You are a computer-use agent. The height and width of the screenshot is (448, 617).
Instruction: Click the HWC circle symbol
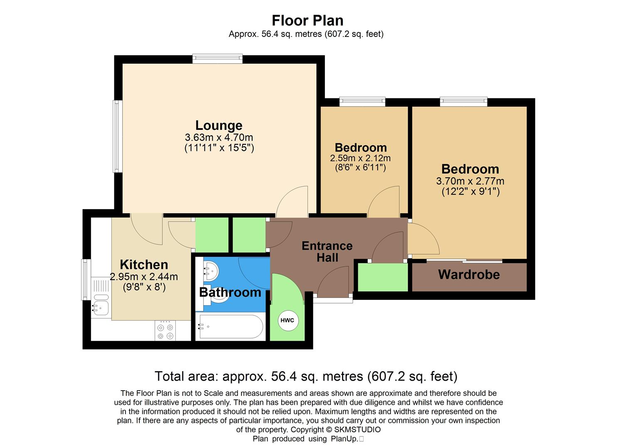287,320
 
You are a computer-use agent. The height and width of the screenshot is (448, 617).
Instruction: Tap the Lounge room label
219,125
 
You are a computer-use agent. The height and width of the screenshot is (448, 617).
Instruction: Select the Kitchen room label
144,265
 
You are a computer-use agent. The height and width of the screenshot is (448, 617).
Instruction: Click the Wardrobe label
469,275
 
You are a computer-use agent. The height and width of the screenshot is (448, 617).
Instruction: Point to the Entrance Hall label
327,251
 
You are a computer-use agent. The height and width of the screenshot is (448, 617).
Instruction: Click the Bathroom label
230,292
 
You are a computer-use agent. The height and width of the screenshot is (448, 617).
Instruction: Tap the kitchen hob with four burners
165,331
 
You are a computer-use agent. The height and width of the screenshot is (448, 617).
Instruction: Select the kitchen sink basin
101,307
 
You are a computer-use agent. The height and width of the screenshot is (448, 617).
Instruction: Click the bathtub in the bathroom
230,327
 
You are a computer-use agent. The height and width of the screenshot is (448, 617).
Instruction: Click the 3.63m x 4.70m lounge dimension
219,137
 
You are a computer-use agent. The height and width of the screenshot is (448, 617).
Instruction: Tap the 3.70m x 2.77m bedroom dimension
470,181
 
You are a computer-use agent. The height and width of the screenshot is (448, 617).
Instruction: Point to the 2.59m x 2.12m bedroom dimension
360,158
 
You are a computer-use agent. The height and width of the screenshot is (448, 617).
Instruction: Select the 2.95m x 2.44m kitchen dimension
144,276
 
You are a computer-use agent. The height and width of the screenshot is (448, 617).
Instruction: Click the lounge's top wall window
217,59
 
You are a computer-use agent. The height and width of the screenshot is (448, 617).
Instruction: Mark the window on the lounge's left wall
118,136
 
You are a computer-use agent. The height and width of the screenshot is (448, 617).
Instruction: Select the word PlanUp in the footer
344,439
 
